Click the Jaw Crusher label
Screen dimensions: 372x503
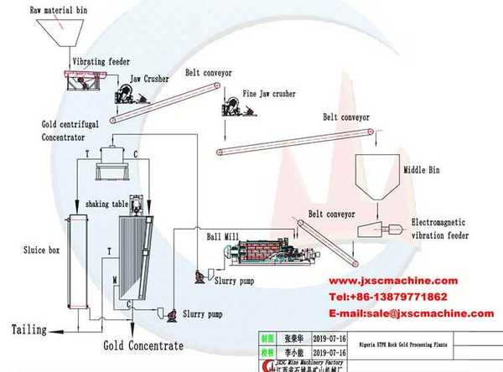[148, 78]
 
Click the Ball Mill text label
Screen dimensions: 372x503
[224, 237]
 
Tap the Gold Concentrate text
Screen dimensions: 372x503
[143, 345]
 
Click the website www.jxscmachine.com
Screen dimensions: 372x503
[392, 281]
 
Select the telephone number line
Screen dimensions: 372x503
[399, 297]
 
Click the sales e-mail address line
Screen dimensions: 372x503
[410, 313]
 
